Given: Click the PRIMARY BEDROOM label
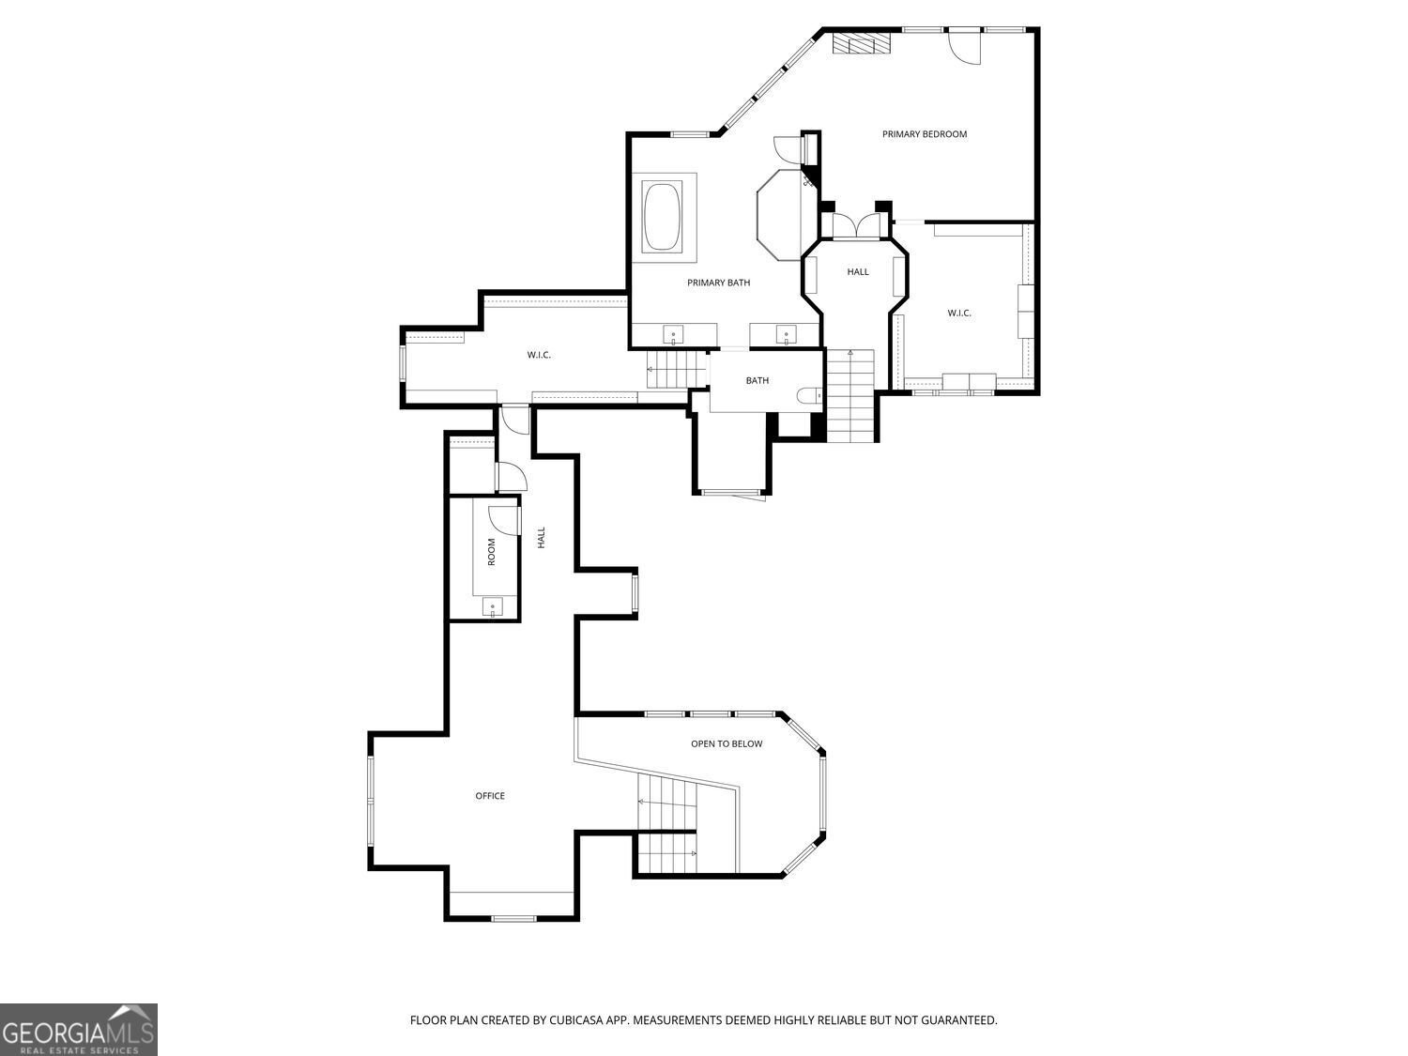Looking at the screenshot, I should pos(924,134).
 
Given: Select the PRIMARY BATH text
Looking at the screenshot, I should pos(718,283).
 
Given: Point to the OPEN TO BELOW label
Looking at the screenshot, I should pos(727,743).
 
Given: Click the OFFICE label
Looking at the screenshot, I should pos(490,796).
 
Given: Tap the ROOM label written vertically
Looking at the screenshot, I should pos(491,552).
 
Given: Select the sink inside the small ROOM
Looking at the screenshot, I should pos(493,607).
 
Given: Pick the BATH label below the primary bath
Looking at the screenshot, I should pos(758,380).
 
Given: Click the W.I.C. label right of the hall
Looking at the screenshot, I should pos(959,313).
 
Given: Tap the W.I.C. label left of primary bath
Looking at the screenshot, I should pos(539,355).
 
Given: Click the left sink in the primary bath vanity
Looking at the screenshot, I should pos(674,334).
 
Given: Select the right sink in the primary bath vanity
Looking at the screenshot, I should pos(786,334).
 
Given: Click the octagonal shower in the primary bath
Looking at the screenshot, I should pos(780,214).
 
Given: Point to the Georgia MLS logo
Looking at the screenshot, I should pos(78,1030).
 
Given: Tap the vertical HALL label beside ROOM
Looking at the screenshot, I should pos(541,538).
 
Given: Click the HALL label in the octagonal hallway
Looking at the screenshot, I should pos(858,272).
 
